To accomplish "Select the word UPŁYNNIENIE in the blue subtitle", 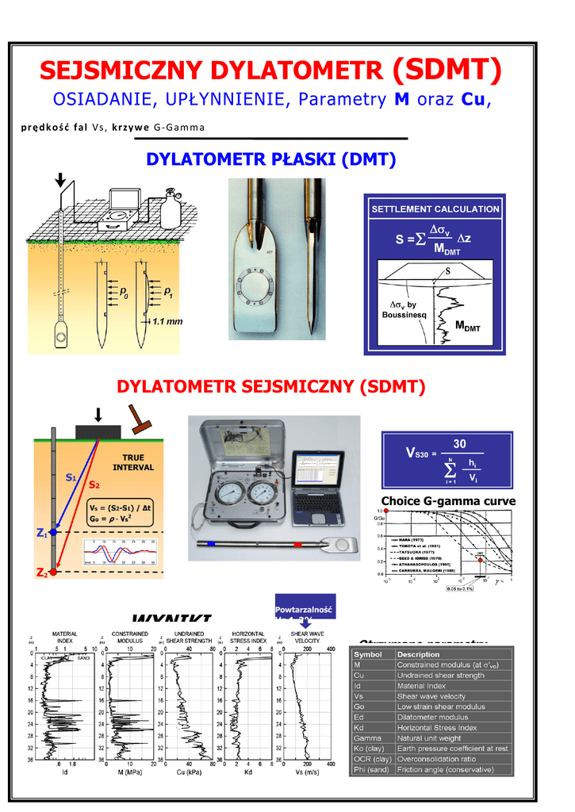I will tap(217, 101).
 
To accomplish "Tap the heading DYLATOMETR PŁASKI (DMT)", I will tap(272, 160).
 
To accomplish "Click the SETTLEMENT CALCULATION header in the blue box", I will tap(435, 209).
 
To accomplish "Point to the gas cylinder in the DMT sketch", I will tap(170, 209).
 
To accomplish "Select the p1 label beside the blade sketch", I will tap(168, 294).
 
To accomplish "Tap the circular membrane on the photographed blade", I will tap(258, 288).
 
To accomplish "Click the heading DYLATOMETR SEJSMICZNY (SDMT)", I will tap(271, 387).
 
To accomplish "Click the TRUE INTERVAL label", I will tap(132, 462).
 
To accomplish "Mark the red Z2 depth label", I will tap(42, 573).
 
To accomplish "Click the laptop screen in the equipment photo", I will tap(317, 477).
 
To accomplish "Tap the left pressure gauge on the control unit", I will tap(228, 497).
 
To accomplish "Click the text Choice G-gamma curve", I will tap(448, 501).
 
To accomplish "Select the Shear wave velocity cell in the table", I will tap(432, 695).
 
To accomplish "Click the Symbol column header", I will tap(368, 654).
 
